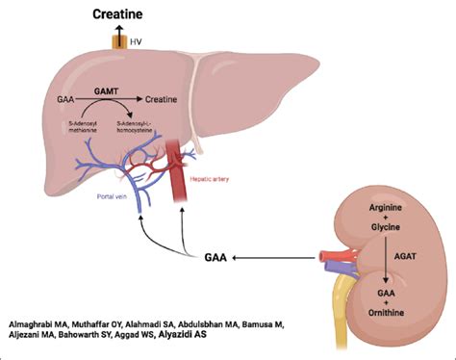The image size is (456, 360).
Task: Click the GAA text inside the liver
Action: click(x=65, y=98)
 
